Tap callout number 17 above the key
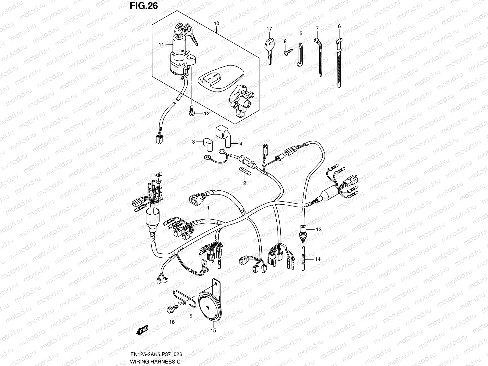(269, 29)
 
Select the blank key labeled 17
(268, 50)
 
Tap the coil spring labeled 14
(303, 259)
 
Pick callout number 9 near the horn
(191, 316)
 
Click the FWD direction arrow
(142, 331)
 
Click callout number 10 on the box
(217, 23)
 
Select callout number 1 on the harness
(208, 207)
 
